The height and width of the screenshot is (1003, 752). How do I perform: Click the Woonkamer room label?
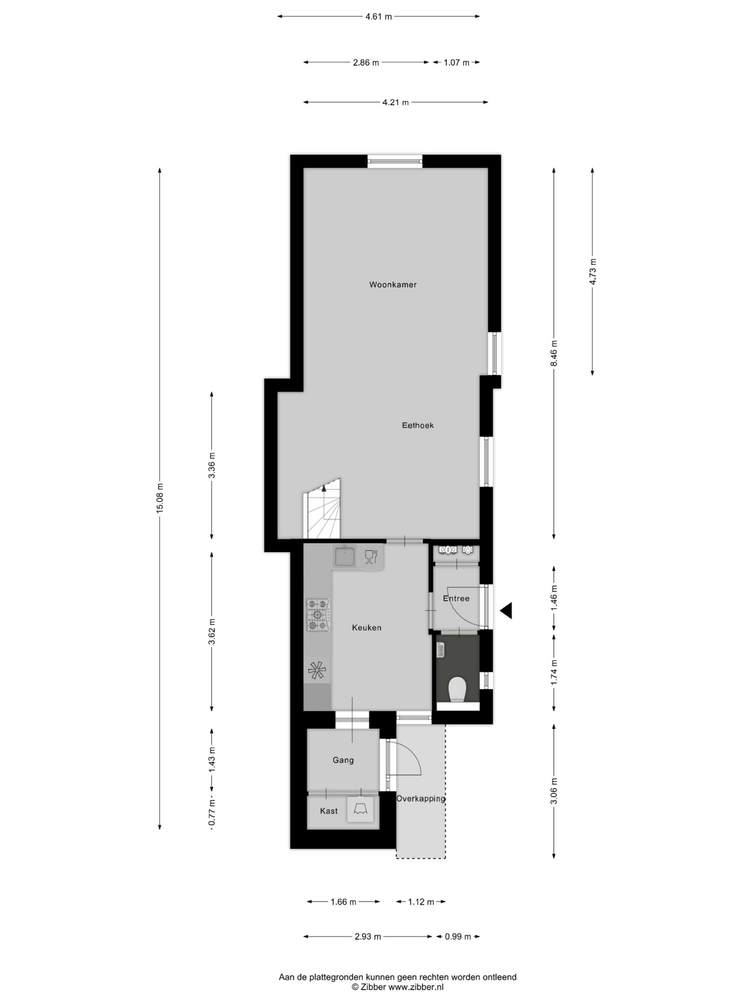coord(392,285)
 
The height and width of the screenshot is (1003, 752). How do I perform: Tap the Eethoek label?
coord(418,425)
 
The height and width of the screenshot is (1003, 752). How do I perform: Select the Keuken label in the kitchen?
coord(367,628)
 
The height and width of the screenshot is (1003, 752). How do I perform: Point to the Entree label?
coord(456,599)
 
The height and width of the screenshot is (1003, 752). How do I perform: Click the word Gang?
coord(343,760)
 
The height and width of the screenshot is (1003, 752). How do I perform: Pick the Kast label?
coord(329,811)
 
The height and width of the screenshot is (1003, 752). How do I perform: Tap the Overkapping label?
coord(421,799)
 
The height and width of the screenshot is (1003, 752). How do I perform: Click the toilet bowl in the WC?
coord(457,690)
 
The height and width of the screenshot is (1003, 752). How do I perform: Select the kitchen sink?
coord(345,556)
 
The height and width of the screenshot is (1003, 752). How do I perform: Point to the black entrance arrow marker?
coord(506,611)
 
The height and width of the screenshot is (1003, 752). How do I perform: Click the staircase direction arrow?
coord(324,488)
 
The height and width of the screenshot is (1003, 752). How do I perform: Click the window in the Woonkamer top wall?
coord(394,161)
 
